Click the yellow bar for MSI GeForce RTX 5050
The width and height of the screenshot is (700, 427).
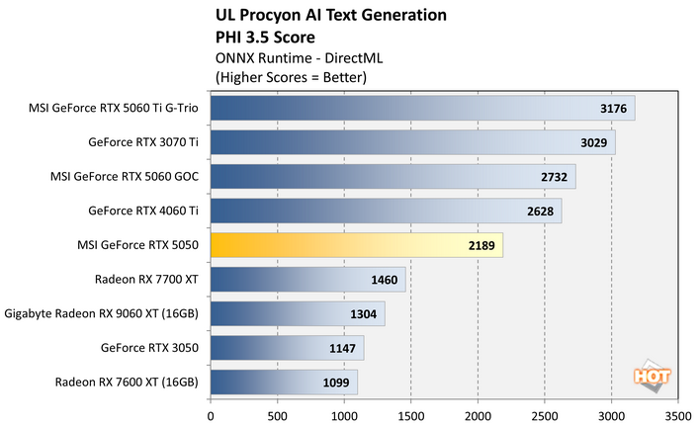coord(356,245)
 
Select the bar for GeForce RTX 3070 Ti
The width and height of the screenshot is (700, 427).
coord(412,142)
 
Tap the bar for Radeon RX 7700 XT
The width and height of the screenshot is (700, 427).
coord(307,280)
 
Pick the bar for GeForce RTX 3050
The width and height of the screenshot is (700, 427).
coord(287,348)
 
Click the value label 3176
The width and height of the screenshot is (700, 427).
coord(614,109)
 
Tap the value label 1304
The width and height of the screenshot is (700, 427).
coord(364,314)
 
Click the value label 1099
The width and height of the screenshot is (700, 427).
coord(336,383)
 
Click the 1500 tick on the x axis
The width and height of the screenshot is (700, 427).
coord(411,415)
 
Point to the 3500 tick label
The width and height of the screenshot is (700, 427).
coord(678,415)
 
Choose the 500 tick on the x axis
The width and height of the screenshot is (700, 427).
coord(278,415)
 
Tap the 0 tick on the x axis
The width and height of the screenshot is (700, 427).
coord(211,415)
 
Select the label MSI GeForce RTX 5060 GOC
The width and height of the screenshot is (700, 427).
coord(125,177)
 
